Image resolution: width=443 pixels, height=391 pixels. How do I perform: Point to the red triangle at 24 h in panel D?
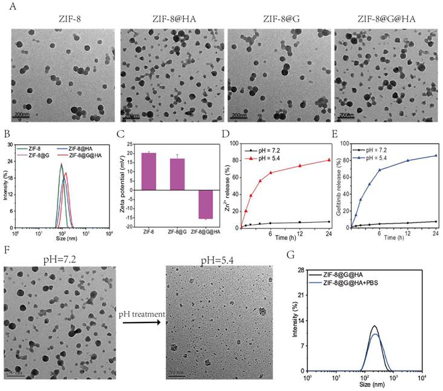(x=329, y=160)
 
